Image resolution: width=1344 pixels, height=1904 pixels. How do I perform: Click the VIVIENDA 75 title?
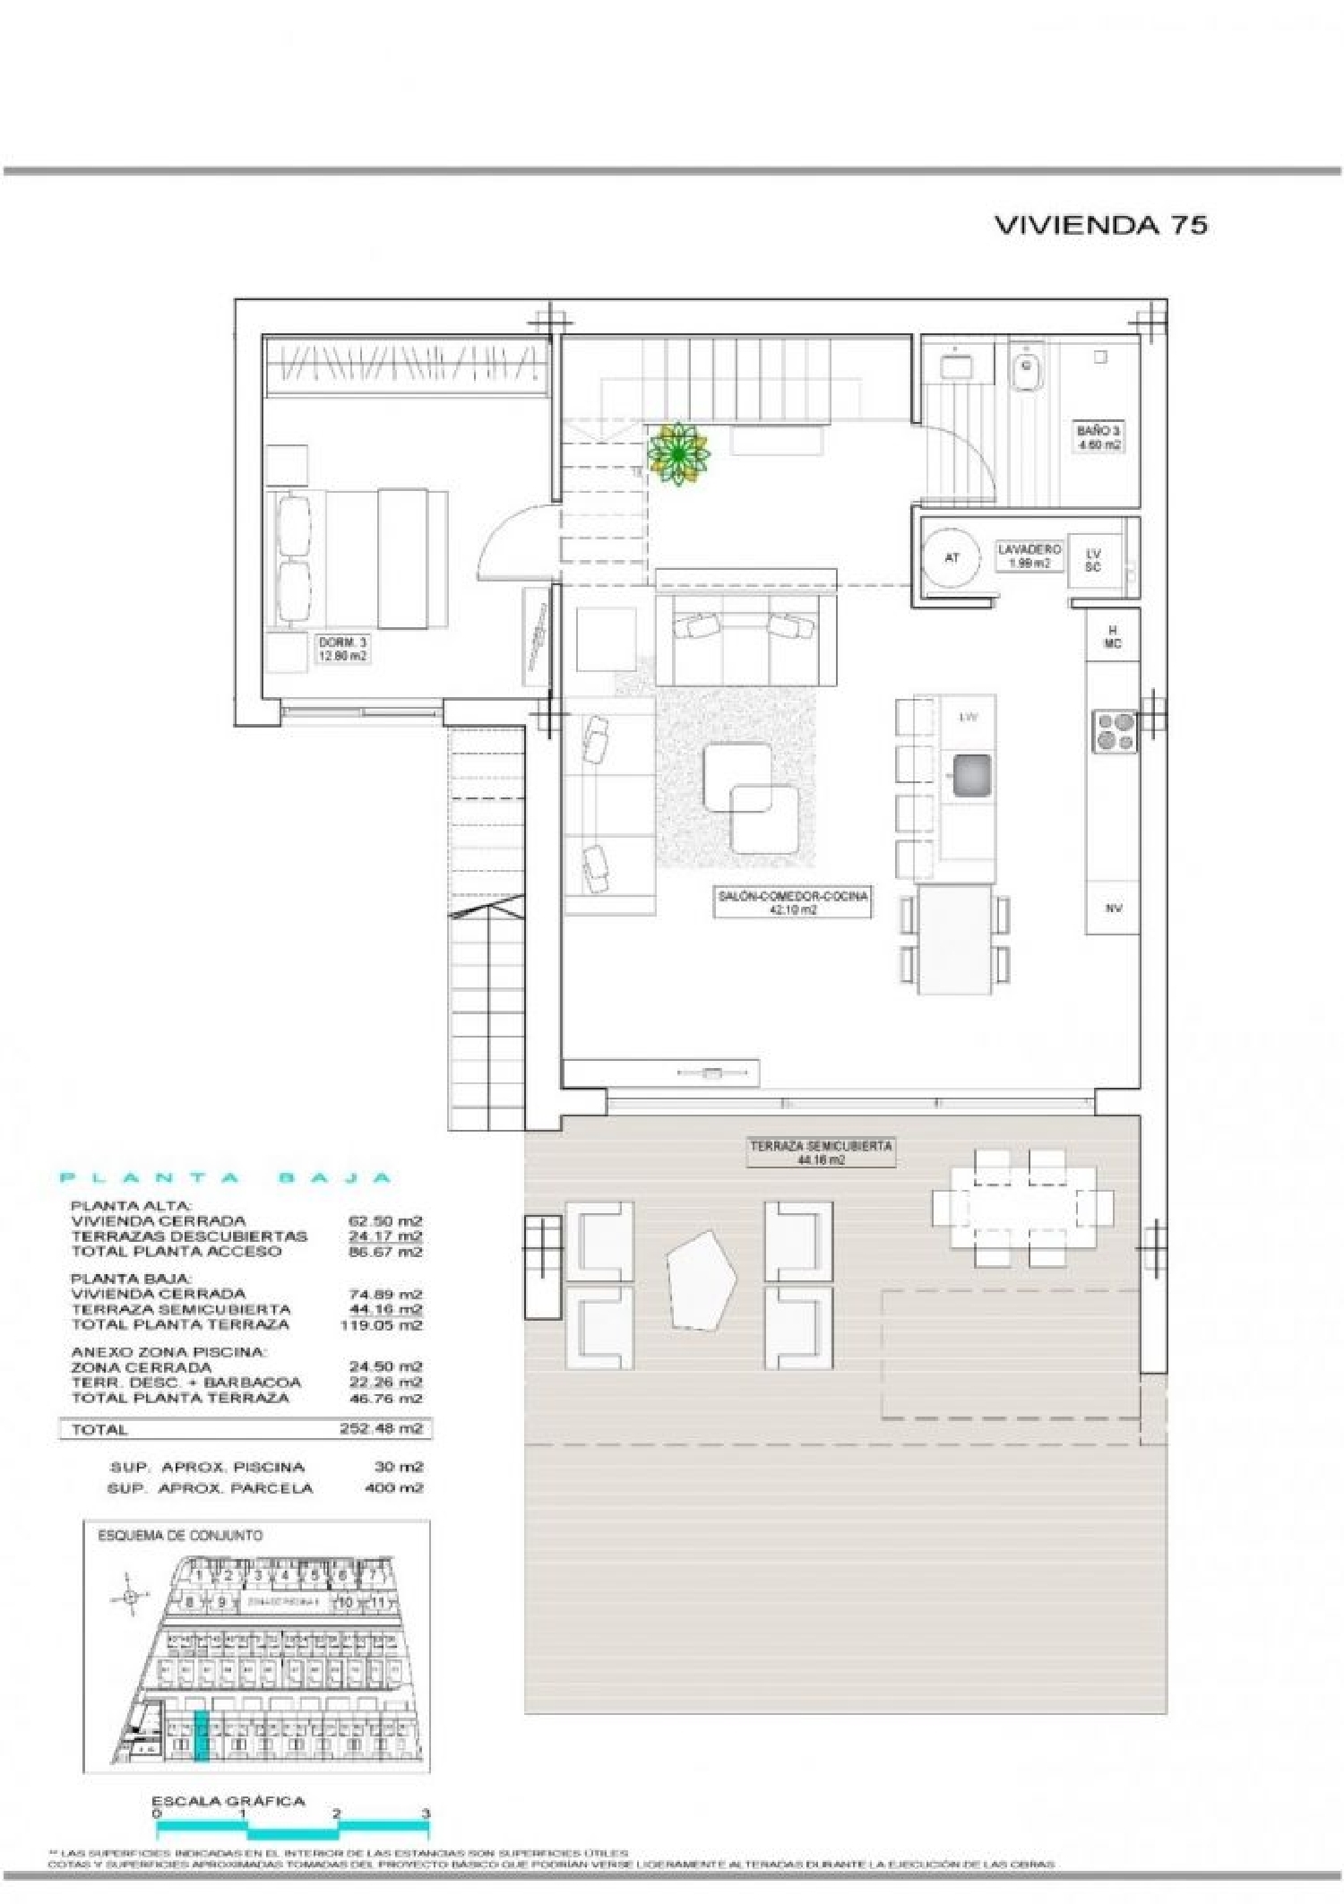1100,224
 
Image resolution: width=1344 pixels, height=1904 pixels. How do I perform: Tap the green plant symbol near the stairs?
678,453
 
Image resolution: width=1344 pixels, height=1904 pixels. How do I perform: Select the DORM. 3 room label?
342,649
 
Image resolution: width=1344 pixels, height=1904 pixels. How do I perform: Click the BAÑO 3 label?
1098,437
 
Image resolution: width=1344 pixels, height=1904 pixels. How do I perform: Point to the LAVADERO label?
1029,556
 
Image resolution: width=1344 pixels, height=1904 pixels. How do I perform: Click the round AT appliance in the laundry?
952,557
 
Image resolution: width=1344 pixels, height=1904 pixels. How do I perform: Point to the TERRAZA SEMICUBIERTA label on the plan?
821,1152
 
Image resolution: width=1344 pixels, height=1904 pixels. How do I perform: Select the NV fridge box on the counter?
1114,908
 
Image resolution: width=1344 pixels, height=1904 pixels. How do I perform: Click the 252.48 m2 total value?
381,1429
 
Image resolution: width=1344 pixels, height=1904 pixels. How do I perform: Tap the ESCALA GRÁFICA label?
228,1801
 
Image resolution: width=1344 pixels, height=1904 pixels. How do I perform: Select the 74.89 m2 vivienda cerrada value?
385,1294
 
